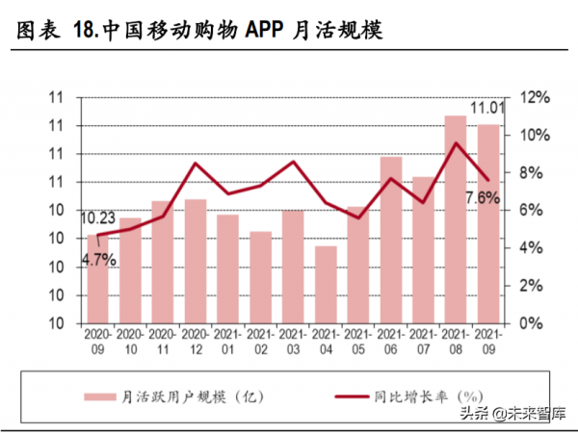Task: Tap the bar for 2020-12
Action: point(195,261)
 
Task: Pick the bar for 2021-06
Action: point(390,240)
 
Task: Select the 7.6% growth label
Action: point(483,198)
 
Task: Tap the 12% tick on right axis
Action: point(534,97)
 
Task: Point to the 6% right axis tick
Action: point(530,211)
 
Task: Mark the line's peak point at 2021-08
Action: point(456,144)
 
